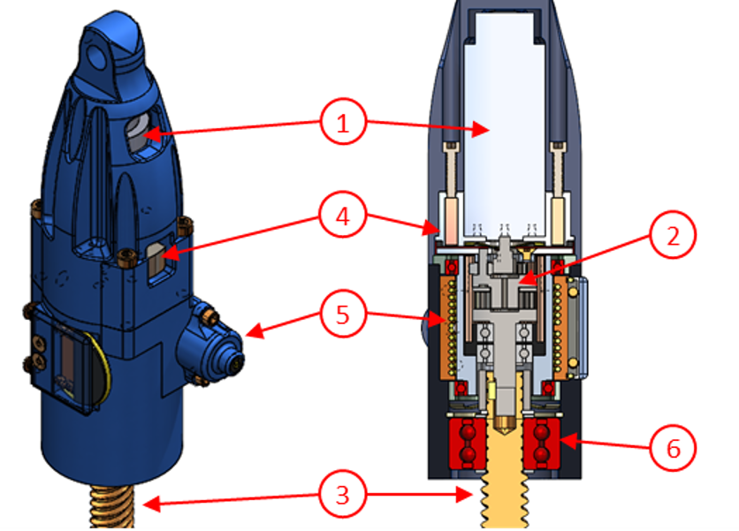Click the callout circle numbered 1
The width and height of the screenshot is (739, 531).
click(345, 125)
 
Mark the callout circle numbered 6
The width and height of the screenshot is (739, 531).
click(674, 448)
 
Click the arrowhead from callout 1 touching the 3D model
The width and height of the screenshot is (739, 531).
click(148, 134)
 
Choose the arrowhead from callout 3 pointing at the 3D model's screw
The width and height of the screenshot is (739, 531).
click(144, 504)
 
